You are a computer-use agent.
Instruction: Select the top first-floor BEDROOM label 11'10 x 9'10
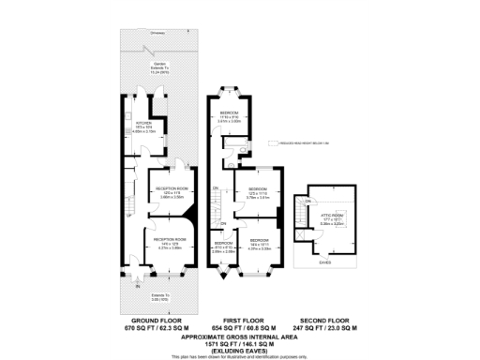pos(230,116)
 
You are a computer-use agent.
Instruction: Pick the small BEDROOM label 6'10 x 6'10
pos(223,247)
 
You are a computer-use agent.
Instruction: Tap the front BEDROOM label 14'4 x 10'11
pos(259,246)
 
